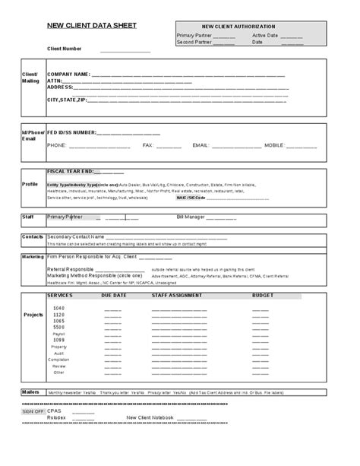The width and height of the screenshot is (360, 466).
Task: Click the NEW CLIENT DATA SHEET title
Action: click(x=93, y=25)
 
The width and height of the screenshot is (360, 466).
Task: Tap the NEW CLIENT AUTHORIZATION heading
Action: click(x=254, y=27)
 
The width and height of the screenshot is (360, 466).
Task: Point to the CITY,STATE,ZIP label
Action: click(x=68, y=100)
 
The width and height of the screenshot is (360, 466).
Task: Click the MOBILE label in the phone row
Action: click(x=273, y=144)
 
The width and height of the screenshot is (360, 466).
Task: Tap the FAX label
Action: click(x=148, y=144)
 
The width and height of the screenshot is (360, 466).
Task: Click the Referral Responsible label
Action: click(x=71, y=268)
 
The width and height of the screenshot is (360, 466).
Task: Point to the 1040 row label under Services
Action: click(x=58, y=307)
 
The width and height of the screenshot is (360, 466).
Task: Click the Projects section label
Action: click(x=33, y=314)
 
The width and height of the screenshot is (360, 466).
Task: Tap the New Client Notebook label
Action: click(x=150, y=417)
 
